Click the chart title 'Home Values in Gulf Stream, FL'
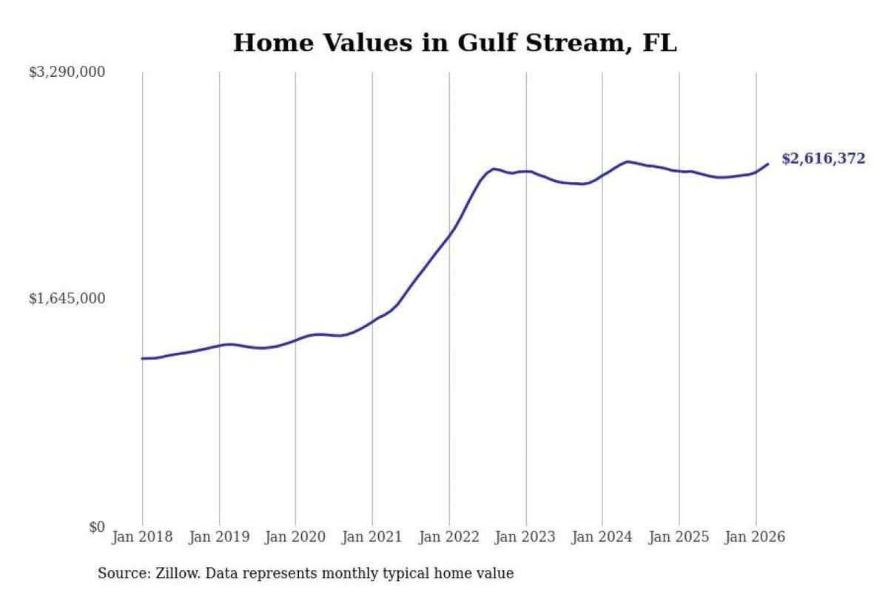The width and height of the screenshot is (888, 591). (x=455, y=43)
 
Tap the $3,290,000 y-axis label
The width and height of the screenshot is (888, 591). (x=67, y=72)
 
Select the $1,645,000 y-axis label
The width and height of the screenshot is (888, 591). (x=67, y=298)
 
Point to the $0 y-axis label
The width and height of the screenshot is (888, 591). (x=97, y=527)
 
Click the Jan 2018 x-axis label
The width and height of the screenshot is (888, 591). (x=142, y=537)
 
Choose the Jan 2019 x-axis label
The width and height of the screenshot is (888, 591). (x=219, y=537)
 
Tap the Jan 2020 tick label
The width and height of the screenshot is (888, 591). (x=295, y=537)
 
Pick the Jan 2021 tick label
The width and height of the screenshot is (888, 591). (x=372, y=537)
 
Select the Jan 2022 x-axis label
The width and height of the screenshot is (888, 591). (x=449, y=537)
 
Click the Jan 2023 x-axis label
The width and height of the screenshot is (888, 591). (x=525, y=537)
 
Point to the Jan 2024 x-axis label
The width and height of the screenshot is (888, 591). (x=602, y=537)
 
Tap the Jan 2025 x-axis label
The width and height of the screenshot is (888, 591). (x=679, y=537)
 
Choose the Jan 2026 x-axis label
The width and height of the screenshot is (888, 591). (x=756, y=537)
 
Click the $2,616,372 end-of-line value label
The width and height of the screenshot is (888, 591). (x=824, y=158)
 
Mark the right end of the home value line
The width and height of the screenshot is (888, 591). (x=768, y=163)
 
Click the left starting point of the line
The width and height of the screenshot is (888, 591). (x=142, y=358)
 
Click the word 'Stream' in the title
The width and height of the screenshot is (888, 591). (x=574, y=43)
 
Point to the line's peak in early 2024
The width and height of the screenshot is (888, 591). (x=628, y=161)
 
